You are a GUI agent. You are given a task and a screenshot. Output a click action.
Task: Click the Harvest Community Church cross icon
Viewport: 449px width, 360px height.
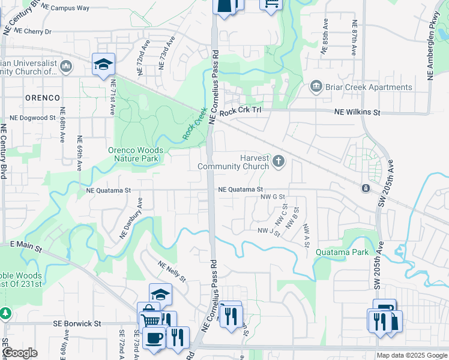point(278,161)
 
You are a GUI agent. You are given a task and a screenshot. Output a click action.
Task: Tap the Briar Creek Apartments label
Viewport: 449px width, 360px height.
point(369,87)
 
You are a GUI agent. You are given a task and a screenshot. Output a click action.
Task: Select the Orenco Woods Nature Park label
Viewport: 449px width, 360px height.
point(133,155)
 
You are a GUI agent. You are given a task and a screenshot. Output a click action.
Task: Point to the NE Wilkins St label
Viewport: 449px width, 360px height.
point(358,112)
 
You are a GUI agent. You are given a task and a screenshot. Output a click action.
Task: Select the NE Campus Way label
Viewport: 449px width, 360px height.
point(66,8)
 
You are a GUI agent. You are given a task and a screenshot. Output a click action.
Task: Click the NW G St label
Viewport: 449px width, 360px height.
point(272,196)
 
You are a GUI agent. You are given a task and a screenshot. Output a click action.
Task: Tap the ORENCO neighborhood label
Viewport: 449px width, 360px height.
point(43,97)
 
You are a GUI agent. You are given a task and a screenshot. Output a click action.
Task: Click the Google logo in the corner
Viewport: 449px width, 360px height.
point(20,353)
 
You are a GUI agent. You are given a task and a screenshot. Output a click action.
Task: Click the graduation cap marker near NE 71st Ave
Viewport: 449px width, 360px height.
point(103,63)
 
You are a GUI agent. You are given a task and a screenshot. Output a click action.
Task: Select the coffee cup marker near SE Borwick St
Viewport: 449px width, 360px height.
point(154,338)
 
